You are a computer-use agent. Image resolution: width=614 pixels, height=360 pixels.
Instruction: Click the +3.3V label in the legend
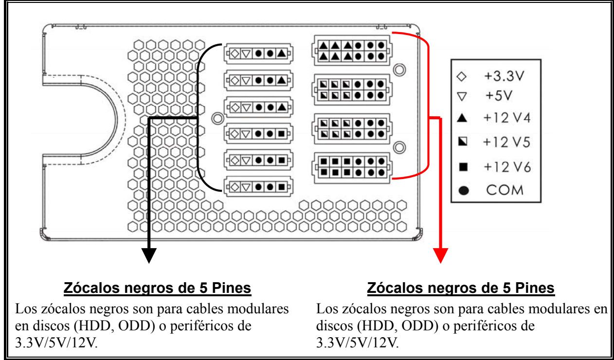tap(504, 76)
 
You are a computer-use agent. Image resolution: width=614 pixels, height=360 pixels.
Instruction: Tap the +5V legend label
tap(499, 96)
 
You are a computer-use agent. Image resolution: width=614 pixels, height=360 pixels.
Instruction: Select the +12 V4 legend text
tap(507, 118)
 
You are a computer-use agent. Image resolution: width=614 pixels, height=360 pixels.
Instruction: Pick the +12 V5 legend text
tap(506, 143)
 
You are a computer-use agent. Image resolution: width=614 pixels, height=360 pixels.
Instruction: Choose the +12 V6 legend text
tap(507, 167)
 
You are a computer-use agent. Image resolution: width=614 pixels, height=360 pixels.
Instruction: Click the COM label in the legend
tap(505, 190)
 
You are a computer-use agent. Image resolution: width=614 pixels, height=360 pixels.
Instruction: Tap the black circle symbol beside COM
tap(464, 191)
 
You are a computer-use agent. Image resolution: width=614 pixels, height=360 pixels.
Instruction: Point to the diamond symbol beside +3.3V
tap(462, 76)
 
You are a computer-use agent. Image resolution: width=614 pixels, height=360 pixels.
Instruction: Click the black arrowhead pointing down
tap(149, 255)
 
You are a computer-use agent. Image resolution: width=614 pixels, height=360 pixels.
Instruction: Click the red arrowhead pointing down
tap(440, 255)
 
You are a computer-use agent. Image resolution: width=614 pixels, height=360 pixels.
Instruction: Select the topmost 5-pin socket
tap(258, 54)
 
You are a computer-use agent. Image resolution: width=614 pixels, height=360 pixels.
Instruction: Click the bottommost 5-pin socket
tap(258, 187)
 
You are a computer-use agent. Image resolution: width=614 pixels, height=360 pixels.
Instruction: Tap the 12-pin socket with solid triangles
tap(352, 51)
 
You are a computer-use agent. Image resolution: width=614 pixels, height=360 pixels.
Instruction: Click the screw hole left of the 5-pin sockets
tap(217, 118)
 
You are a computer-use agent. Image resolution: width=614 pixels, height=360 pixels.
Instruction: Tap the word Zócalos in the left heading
tap(92, 288)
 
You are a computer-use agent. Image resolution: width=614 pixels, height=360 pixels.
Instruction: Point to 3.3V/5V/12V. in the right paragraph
tap(358, 342)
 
